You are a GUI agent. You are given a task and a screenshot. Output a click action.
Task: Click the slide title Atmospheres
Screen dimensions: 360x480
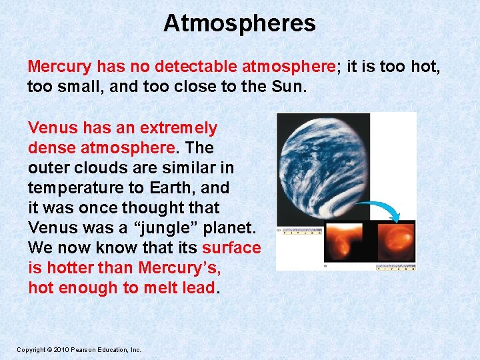239,23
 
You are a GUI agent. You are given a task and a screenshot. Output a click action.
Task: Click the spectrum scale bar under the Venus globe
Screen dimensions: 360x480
302,233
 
